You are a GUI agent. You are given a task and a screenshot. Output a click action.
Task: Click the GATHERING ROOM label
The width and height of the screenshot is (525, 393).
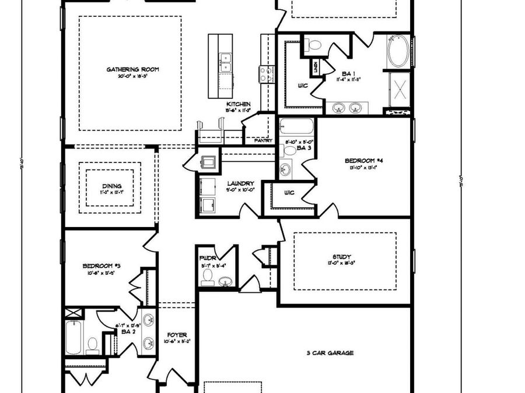(132, 70)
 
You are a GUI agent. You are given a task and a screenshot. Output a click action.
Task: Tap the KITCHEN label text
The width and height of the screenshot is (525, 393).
(239, 104)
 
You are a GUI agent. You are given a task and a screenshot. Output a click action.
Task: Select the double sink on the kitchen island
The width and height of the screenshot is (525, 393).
(225, 60)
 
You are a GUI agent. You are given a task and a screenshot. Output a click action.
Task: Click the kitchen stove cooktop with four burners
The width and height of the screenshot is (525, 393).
(267, 73)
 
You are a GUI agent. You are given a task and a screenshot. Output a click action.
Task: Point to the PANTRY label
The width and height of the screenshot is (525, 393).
(263, 140)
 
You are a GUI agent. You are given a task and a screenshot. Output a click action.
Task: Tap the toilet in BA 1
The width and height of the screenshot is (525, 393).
(313, 45)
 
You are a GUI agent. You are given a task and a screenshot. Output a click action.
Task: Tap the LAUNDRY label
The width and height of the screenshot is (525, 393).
(240, 183)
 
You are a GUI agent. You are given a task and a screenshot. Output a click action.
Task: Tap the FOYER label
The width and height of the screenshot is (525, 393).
(177, 335)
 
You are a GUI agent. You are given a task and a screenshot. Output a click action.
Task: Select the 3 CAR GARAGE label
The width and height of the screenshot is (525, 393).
(330, 353)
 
